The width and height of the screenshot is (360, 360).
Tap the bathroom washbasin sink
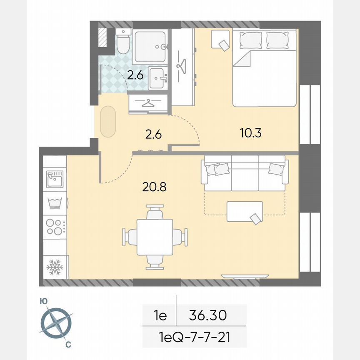point(158,78)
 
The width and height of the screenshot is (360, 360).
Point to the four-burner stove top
point(55,226)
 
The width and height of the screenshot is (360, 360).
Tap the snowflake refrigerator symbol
point(55,267)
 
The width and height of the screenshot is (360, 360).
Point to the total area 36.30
point(207,315)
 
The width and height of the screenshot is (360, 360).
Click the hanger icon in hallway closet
point(148,103)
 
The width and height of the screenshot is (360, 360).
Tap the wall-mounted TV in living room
point(245,276)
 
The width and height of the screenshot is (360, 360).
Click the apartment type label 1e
point(160,315)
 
